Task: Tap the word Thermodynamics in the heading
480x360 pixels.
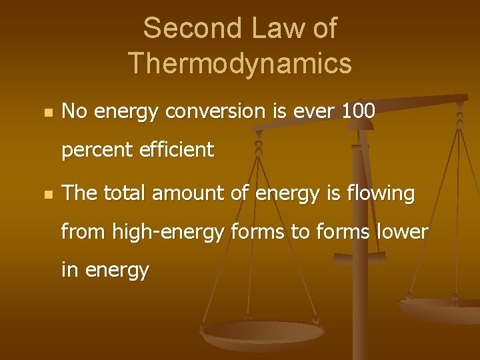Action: tap(240, 63)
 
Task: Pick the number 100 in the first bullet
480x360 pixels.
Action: tap(358, 111)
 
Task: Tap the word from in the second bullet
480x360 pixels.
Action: tap(83, 232)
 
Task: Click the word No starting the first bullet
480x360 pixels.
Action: tap(75, 111)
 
